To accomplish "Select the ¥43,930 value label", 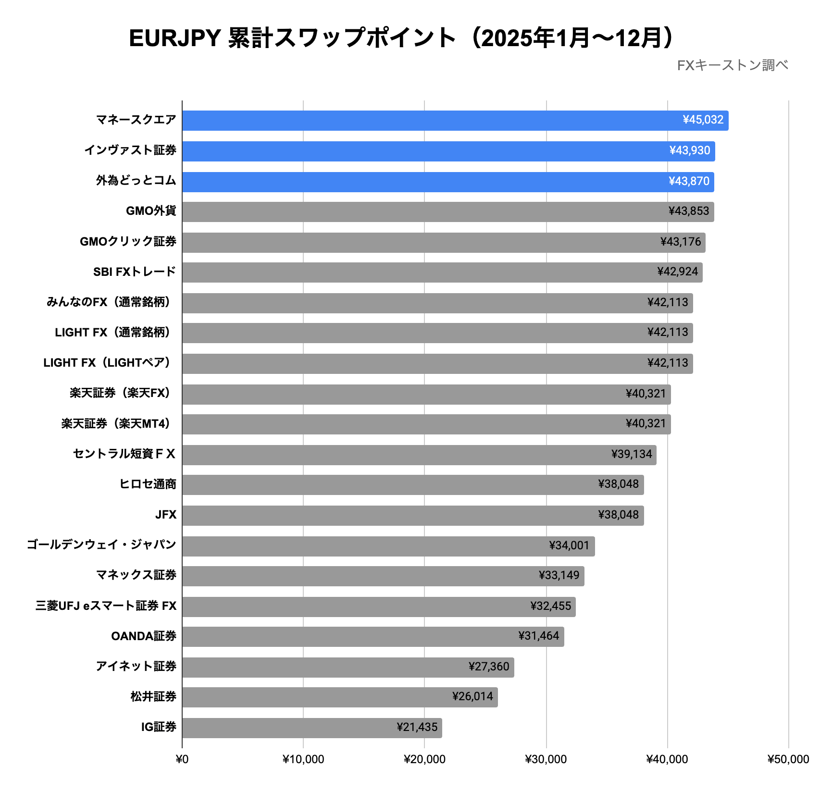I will (x=690, y=151).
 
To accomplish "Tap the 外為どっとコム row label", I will (x=136, y=181).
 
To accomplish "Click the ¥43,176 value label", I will (x=681, y=242).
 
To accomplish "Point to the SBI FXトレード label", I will (x=135, y=272).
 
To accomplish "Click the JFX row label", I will (x=166, y=515).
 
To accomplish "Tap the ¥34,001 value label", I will (x=569, y=545).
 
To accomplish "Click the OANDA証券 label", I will (x=144, y=636).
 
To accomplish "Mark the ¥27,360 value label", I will (x=489, y=667).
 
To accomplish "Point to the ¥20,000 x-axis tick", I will (x=424, y=759).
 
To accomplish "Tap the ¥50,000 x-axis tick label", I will (x=788, y=759).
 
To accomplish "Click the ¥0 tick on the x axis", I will (x=182, y=759).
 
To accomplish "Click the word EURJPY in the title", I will (x=174, y=38).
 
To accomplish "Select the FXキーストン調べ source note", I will (x=733, y=65).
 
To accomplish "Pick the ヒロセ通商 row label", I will (x=148, y=484).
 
